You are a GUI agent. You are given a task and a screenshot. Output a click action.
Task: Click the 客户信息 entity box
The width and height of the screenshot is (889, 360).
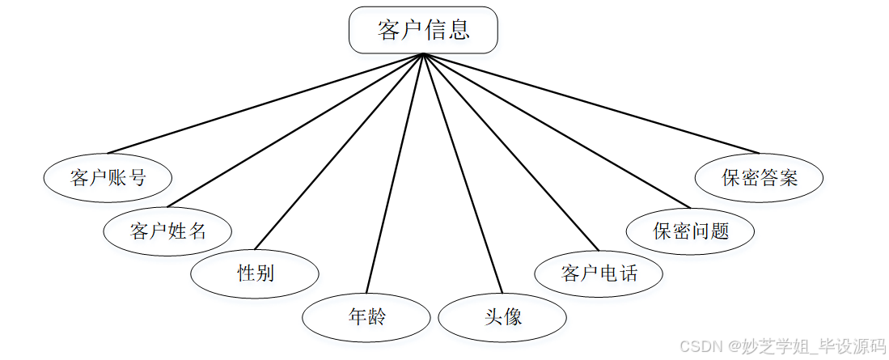coord(422,31)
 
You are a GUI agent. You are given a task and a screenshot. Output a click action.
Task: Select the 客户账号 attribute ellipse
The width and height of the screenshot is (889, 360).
coord(108,178)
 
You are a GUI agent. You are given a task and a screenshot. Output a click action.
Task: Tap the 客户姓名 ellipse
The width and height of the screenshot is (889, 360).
coord(167,231)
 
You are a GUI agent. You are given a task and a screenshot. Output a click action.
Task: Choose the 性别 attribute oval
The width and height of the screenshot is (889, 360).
coord(255,273)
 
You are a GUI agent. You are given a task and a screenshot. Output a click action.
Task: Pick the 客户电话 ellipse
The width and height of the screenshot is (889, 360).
coord(599,273)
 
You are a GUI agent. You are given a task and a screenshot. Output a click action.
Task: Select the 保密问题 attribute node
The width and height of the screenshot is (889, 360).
coord(690,231)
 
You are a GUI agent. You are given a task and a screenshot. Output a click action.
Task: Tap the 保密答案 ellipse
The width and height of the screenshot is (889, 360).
coord(760,178)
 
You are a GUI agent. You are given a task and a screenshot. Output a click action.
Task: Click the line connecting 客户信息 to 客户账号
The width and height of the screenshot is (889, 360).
coord(265,104)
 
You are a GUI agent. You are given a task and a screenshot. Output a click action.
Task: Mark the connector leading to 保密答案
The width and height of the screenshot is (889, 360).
coord(591,104)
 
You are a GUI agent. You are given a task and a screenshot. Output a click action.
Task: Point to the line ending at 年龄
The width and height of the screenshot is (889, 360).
coord(395,173)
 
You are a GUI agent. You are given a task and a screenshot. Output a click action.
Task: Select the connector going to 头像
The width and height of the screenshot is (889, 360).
coord(462,173)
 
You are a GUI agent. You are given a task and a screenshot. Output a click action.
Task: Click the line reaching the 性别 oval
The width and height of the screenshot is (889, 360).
coord(339,151)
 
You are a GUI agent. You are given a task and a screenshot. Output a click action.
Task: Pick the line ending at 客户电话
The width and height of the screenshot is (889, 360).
coord(510,152)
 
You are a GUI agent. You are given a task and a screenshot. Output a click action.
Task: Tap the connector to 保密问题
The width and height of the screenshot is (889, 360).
coord(557,131)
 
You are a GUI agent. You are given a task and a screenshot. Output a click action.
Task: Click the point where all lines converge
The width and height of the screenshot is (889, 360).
coord(422,54)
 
